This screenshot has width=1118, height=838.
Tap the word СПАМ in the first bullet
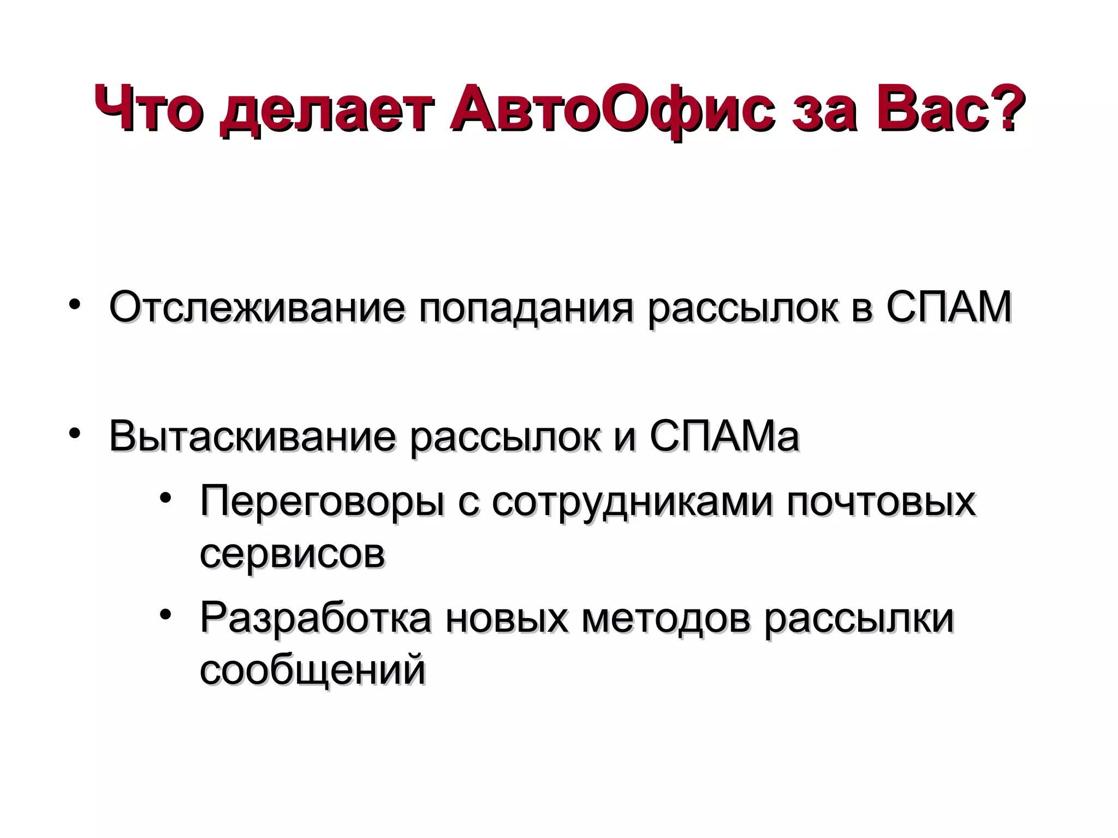[x=949, y=307]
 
